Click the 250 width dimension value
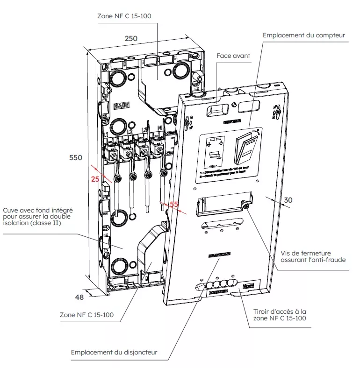(x=131, y=38)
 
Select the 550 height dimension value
(x=76, y=158)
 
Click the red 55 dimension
(x=174, y=205)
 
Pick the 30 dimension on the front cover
(x=288, y=200)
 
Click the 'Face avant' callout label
(x=233, y=56)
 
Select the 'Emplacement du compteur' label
(x=304, y=35)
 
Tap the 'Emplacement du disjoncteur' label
(x=114, y=352)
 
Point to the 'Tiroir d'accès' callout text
(x=276, y=314)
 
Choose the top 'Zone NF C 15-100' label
(x=124, y=15)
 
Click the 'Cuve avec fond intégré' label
(x=37, y=217)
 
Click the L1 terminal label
(x=106, y=134)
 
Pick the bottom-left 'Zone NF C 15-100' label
(x=86, y=315)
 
